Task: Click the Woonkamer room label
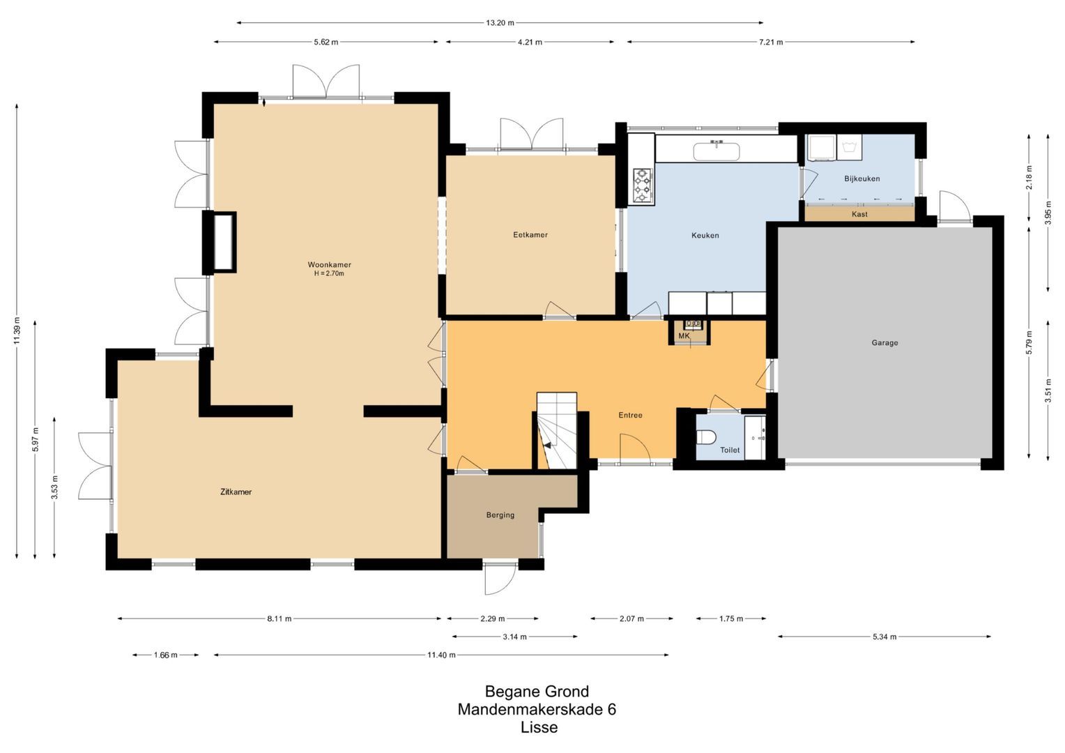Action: pyautogui.click(x=329, y=265)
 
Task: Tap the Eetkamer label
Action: pyautogui.click(x=530, y=235)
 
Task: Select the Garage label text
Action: pyautogui.click(x=884, y=343)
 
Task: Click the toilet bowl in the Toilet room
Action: pyautogui.click(x=707, y=437)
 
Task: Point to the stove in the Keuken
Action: pyautogui.click(x=642, y=186)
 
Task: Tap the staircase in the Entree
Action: pyautogui.click(x=556, y=432)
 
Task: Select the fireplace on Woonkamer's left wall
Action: pyautogui.click(x=223, y=242)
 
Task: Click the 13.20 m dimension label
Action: pyautogui.click(x=500, y=23)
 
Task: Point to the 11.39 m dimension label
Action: pyautogui.click(x=17, y=330)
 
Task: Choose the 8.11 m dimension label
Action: pyautogui.click(x=279, y=618)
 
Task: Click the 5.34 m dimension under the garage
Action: pyautogui.click(x=884, y=637)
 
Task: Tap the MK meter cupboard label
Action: pyautogui.click(x=684, y=336)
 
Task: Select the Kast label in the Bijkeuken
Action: pyautogui.click(x=859, y=214)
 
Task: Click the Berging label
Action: pyautogui.click(x=500, y=515)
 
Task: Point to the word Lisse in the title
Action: pyautogui.click(x=539, y=728)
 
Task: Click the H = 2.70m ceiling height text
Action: pyautogui.click(x=329, y=274)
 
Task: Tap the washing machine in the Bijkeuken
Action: pyautogui.click(x=850, y=147)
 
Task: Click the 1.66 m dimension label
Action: pyautogui.click(x=165, y=655)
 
